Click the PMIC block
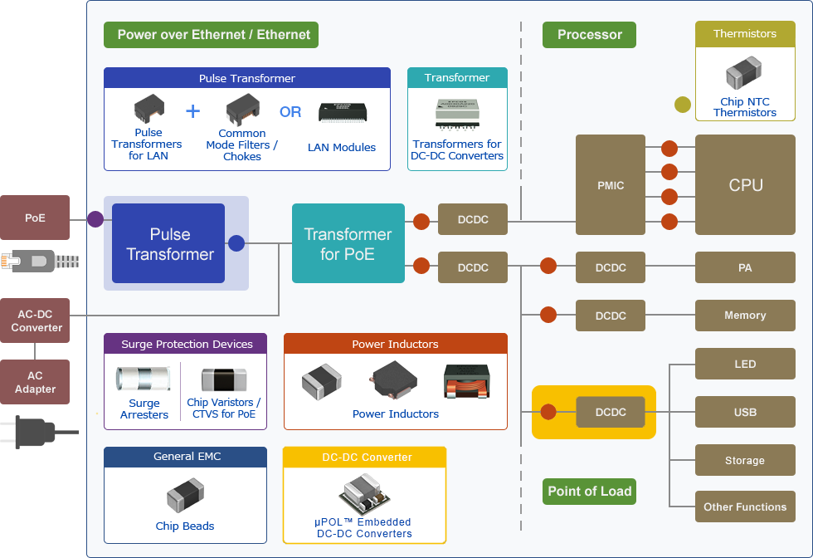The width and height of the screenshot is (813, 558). tap(611, 184)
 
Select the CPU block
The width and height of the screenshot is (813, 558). tap(745, 184)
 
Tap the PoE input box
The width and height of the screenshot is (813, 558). tap(35, 218)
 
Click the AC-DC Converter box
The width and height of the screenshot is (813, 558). tap(35, 321)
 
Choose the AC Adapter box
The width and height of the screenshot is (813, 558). tap(35, 382)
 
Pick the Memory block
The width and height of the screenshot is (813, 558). tap(745, 316)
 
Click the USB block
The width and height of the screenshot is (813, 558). tap(745, 412)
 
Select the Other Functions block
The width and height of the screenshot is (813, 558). tap(745, 507)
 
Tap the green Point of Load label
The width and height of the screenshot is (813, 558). tap(590, 491)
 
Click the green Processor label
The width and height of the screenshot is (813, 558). tap(589, 35)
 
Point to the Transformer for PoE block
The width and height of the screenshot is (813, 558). tap(348, 243)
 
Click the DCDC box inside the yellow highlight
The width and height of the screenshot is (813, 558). tap(611, 412)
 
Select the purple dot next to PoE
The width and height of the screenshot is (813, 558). tap(95, 219)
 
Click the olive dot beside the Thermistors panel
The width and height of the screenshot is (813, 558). tap(682, 105)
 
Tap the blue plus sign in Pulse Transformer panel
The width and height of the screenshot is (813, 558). tap(192, 111)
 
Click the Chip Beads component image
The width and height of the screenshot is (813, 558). tap(185, 498)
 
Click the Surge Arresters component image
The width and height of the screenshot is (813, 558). tap(144, 379)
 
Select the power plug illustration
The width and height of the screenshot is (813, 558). tap(37, 430)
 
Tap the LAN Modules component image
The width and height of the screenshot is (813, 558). tap(342, 113)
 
